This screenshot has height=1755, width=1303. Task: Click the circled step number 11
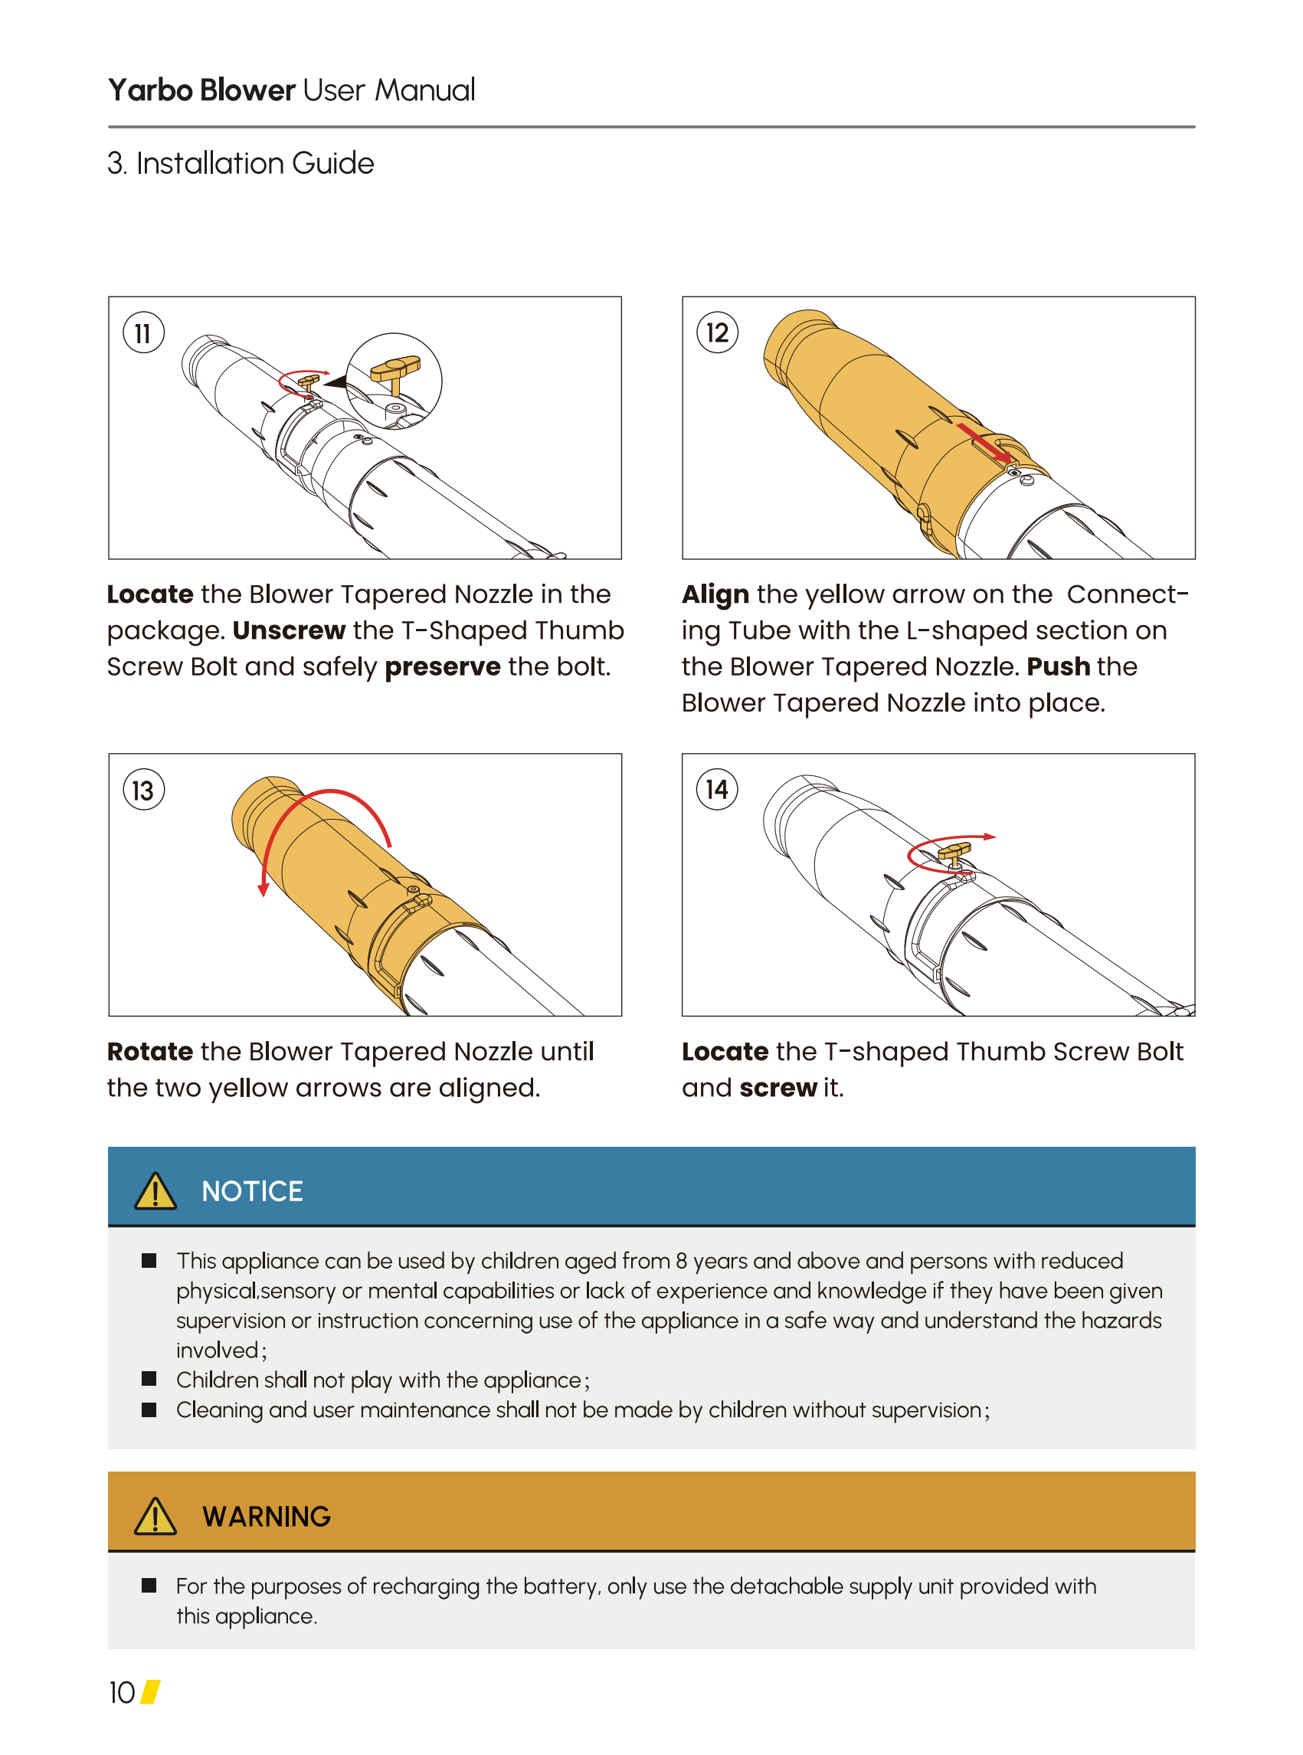143,333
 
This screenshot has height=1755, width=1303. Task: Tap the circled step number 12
717,333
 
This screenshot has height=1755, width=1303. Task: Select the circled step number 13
143,791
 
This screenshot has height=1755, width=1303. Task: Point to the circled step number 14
717,790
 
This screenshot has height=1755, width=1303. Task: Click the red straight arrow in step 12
984,443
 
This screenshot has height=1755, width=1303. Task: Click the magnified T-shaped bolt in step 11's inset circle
395,372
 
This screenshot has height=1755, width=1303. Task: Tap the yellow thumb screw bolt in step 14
954,853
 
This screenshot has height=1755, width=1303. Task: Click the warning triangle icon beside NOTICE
156,1190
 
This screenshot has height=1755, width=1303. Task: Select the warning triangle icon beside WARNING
156,1515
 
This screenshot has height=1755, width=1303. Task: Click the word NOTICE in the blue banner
252,1191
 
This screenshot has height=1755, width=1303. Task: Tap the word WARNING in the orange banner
267,1516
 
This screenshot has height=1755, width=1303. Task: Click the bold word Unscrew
289,630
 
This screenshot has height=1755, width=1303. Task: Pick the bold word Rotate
150,1052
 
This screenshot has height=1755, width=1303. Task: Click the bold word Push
1058,666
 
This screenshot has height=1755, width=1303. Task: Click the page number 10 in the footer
123,1693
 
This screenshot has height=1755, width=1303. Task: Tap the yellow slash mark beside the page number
151,1692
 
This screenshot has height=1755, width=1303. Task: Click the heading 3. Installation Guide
241,163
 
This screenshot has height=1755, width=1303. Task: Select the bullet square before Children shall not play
149,1379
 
